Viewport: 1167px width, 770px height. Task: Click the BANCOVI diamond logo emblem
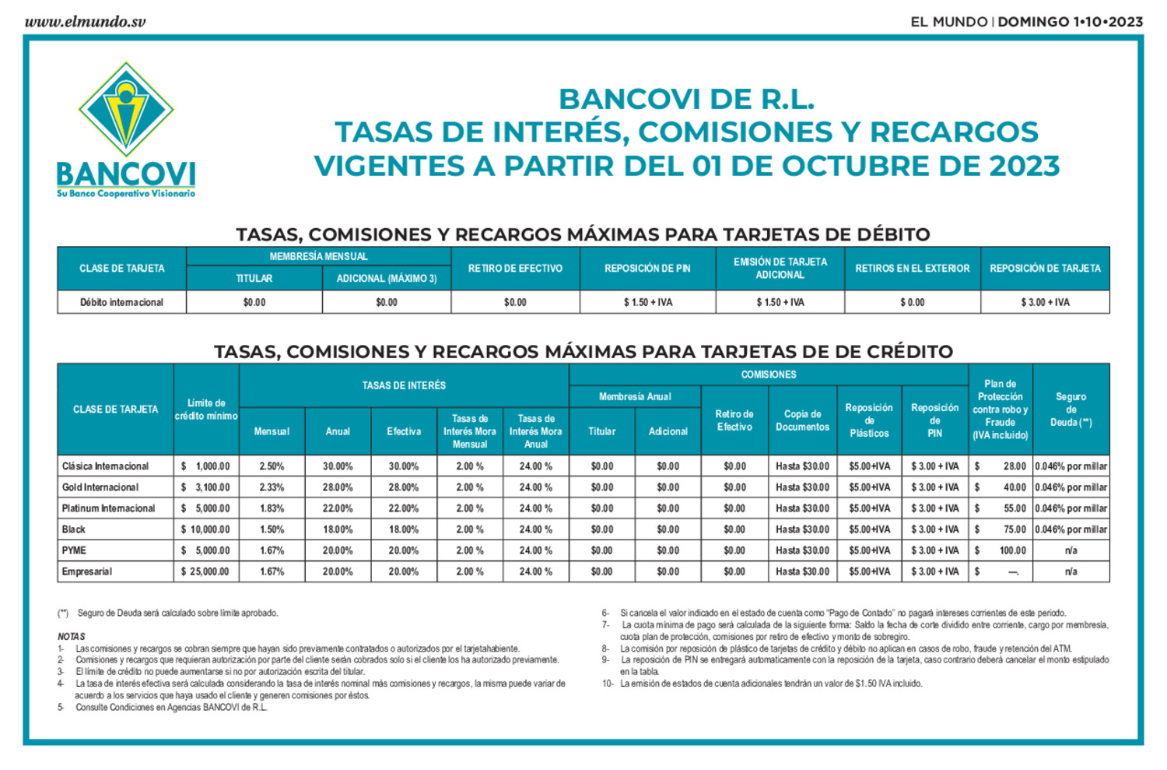pos(126,110)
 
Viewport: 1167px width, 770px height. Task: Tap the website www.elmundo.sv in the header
pos(85,22)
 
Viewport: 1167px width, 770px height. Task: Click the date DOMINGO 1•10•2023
pos(1070,22)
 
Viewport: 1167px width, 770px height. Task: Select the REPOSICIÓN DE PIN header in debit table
pos(647,269)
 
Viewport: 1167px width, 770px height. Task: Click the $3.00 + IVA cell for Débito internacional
pos(1045,302)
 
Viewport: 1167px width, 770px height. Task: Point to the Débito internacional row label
pos(121,302)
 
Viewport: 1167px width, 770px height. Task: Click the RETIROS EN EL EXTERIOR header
pos(912,269)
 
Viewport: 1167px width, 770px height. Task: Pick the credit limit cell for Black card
pos(205,529)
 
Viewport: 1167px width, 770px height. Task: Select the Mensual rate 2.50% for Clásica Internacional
pos(272,466)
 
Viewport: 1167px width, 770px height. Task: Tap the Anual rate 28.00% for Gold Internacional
pos(338,487)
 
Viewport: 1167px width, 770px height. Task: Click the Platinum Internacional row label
pos(109,508)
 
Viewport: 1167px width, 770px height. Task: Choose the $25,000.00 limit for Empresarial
pos(205,571)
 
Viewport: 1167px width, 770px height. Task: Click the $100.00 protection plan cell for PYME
pos(1001,550)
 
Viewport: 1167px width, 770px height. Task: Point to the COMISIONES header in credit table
pos(769,374)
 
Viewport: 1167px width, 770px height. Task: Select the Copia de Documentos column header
pos(802,420)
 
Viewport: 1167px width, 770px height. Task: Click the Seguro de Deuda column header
pos(1071,410)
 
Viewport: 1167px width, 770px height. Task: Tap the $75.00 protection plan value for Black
pos(1001,529)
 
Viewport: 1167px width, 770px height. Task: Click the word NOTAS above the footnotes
pos(72,637)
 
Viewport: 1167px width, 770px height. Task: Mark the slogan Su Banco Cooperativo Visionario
pos(126,194)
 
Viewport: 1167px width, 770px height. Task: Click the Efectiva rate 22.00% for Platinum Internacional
pos(404,508)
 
